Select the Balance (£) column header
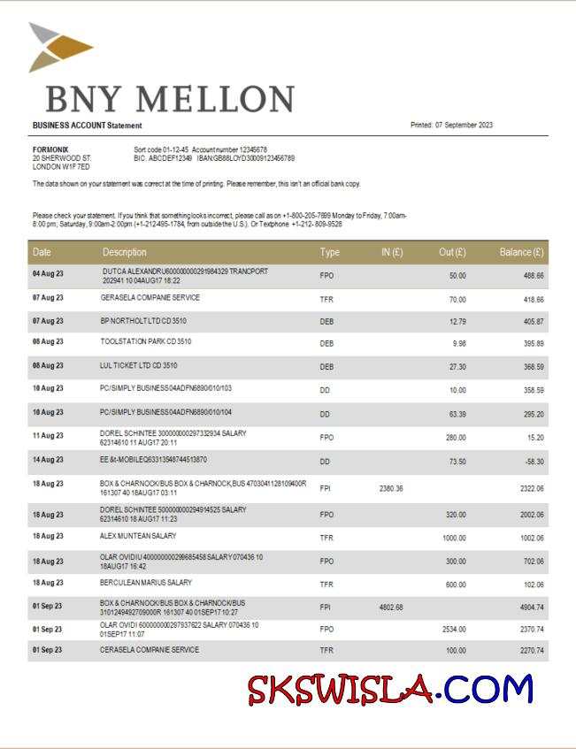coord(521,252)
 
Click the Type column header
coord(329,252)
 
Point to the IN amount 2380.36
coord(391,488)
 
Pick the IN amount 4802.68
coord(391,607)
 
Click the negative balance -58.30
coord(533,461)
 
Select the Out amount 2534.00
coord(453,629)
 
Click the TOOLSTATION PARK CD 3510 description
coord(146,341)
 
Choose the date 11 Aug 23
coord(48,436)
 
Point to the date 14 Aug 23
coord(48,460)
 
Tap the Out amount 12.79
coord(457,321)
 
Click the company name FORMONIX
coord(50,149)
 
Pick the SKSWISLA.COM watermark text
coord(390,689)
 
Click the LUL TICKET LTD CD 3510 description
coord(139,364)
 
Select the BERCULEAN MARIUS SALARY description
coord(146,583)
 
